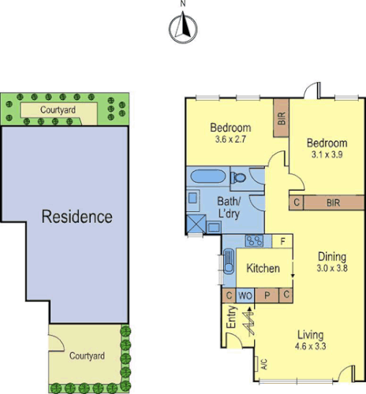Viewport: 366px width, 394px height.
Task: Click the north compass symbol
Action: tap(182, 29)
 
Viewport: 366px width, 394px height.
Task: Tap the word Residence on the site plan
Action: tap(77, 217)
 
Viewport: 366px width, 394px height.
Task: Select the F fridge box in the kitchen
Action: tap(282, 240)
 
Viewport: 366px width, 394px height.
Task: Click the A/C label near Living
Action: tap(254, 365)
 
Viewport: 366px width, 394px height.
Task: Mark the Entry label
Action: tap(231, 317)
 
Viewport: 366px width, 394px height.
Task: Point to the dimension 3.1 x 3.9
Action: tap(327, 155)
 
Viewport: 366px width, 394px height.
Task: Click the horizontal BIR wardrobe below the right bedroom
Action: tap(334, 203)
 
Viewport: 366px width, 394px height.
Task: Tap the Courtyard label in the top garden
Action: tap(58, 111)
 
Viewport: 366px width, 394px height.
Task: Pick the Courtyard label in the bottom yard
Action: tap(87, 356)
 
